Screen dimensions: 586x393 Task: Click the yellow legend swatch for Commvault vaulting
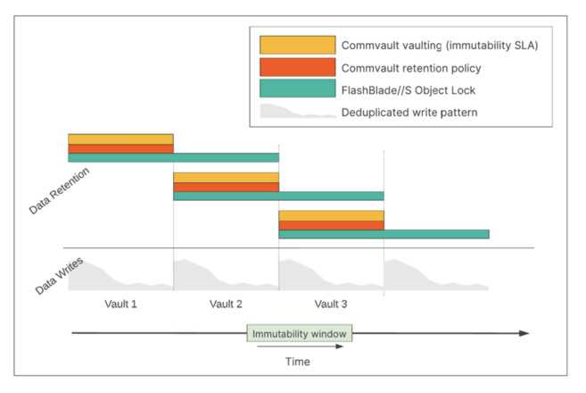pyautogui.click(x=298, y=46)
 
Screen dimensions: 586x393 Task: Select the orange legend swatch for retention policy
pyautogui.click(x=298, y=67)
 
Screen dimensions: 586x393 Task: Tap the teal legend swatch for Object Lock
pyautogui.click(x=298, y=88)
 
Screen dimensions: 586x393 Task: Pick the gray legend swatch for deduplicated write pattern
pyautogui.click(x=298, y=111)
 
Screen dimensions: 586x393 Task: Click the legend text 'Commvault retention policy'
pyautogui.click(x=411, y=68)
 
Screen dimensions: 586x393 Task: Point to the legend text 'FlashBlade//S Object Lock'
pyautogui.click(x=409, y=90)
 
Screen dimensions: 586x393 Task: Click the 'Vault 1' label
pyautogui.click(x=120, y=304)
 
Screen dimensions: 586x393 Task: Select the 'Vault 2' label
pyautogui.click(x=226, y=304)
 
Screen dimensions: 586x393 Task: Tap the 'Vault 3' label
pyautogui.click(x=331, y=304)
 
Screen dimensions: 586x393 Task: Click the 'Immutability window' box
pyautogui.click(x=300, y=333)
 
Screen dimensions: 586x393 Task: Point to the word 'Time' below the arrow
pyautogui.click(x=298, y=362)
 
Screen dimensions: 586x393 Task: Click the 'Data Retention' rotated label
pyautogui.click(x=59, y=191)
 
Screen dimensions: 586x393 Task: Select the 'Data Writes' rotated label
pyautogui.click(x=59, y=276)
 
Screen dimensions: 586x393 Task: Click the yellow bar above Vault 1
pyautogui.click(x=120, y=139)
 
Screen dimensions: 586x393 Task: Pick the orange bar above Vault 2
pyautogui.click(x=226, y=188)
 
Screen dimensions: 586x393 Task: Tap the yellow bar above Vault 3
pyautogui.click(x=331, y=215)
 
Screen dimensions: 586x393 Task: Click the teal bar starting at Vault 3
pyautogui.click(x=384, y=234)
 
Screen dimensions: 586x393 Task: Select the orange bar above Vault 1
pyautogui.click(x=120, y=149)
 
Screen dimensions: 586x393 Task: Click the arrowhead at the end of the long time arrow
pyautogui.click(x=524, y=333)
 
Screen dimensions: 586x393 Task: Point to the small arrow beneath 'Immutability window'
pyautogui.click(x=300, y=347)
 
